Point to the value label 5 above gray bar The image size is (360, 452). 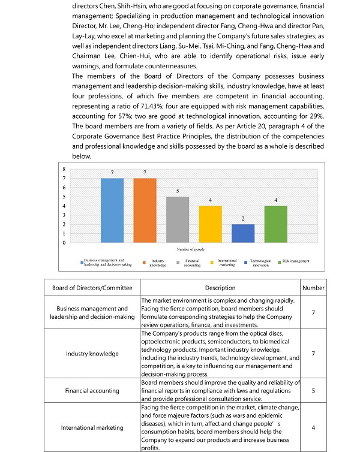click(x=178, y=191)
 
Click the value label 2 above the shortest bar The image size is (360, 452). click(x=244, y=219)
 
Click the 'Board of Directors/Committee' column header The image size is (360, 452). click(x=92, y=288)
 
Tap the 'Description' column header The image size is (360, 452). click(x=220, y=288)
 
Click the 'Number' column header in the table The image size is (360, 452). click(x=313, y=288)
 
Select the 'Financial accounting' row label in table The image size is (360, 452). click(x=92, y=390)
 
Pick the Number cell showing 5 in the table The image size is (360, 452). click(x=313, y=390)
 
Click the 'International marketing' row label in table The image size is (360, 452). click(x=92, y=427)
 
